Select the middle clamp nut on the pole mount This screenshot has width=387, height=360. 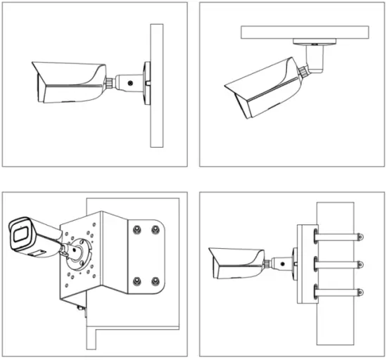click(x=360, y=264)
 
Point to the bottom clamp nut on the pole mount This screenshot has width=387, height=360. click(x=360, y=291)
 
